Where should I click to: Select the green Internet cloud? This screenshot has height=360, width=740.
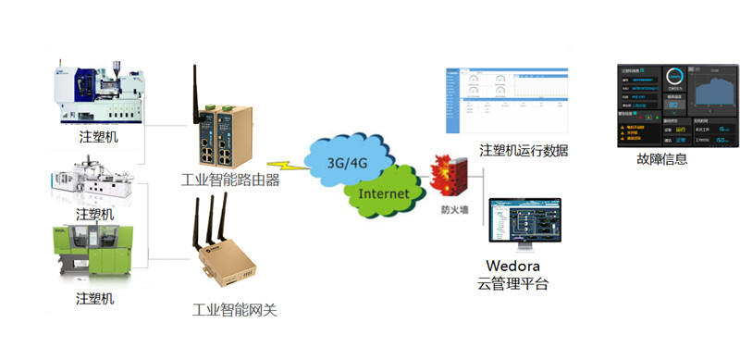click(383, 194)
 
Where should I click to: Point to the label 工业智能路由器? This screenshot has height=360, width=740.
click(231, 180)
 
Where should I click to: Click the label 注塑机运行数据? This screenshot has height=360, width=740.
click(524, 151)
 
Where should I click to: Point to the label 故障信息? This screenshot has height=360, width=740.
click(662, 158)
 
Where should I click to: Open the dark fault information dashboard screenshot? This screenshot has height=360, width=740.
click(678, 105)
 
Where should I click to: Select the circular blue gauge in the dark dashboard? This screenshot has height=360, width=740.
click(678, 79)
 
